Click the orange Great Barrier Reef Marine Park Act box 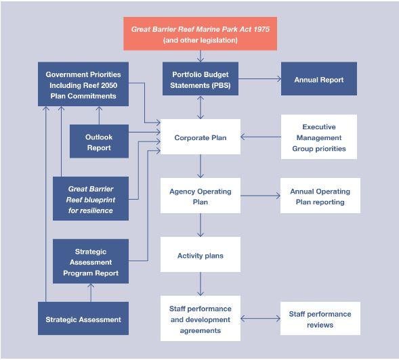click(x=201, y=34)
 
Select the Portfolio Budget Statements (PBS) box click(x=201, y=78)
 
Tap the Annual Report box click(x=319, y=78)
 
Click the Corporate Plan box click(x=201, y=137)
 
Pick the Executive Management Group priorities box click(x=319, y=137)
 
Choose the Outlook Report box click(x=99, y=141)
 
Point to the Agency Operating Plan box click(x=201, y=196)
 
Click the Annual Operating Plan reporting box click(x=320, y=196)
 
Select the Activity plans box click(x=201, y=254)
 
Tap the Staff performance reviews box click(x=320, y=318)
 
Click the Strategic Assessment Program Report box click(x=91, y=261)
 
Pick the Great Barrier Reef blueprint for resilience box click(x=91, y=198)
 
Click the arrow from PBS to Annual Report click(x=260, y=78)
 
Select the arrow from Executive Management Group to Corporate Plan click(x=261, y=137)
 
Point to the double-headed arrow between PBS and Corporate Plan click(x=201, y=108)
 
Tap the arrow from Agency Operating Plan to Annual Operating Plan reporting click(x=260, y=196)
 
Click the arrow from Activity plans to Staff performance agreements click(x=201, y=284)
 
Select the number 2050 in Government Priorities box click(x=109, y=85)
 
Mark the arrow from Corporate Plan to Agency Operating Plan click(x=201, y=166)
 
